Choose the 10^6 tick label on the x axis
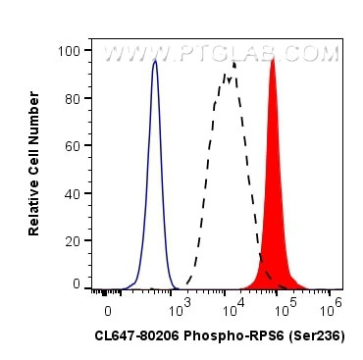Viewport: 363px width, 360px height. point(333,306)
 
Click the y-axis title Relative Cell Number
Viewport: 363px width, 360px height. point(34,165)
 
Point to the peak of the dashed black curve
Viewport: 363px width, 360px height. point(233,63)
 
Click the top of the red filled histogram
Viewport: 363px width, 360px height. point(273,59)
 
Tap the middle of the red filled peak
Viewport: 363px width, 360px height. point(274,196)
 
